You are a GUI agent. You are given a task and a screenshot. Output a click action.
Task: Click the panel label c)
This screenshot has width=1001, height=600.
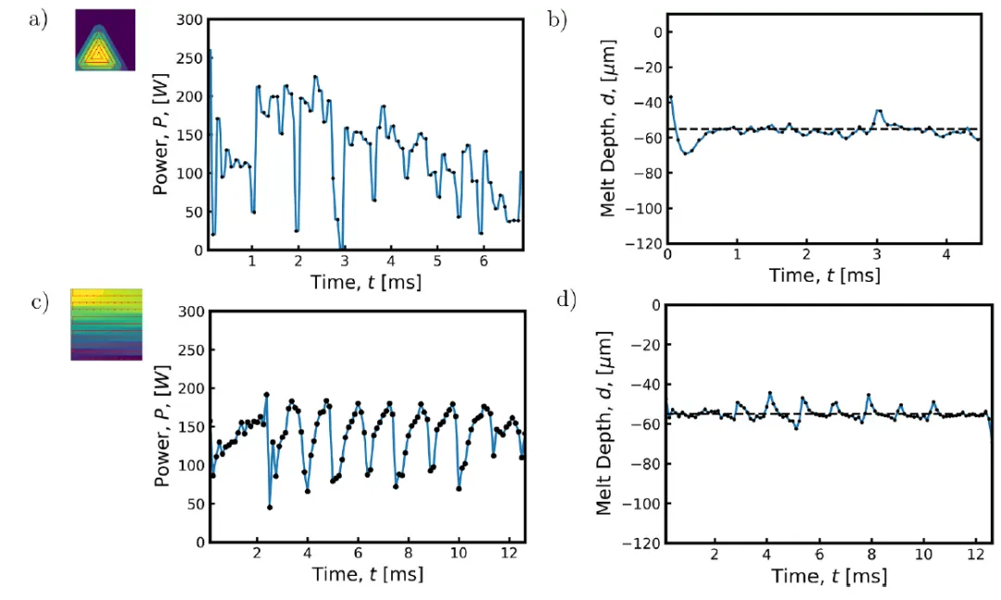38,303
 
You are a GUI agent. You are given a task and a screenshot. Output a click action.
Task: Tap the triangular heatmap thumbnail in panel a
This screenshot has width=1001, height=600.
105,41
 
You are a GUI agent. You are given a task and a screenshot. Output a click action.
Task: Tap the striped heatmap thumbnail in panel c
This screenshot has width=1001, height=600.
107,324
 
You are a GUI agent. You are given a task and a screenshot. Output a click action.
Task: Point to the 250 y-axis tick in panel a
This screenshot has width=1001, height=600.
191,57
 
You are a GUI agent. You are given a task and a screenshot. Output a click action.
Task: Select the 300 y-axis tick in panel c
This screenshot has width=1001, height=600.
191,311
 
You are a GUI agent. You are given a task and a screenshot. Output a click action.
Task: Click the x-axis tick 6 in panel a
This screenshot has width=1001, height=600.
484,262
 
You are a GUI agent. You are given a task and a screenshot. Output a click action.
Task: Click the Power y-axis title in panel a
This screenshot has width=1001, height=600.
160,134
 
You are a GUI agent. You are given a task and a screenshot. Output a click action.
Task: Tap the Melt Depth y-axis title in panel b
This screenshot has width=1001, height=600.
608,130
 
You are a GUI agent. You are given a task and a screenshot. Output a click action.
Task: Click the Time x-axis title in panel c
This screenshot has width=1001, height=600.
365,575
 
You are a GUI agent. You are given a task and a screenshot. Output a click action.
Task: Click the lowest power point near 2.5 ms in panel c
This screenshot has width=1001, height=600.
270,507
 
